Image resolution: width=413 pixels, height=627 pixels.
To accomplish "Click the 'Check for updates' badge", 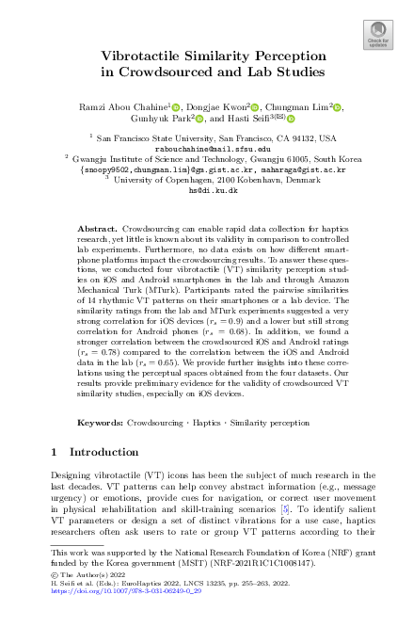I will pos(377,36).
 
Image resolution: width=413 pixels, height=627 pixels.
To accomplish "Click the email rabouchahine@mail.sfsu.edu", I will pos(206,149).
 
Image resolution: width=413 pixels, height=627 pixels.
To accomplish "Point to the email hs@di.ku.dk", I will pos(206,190).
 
